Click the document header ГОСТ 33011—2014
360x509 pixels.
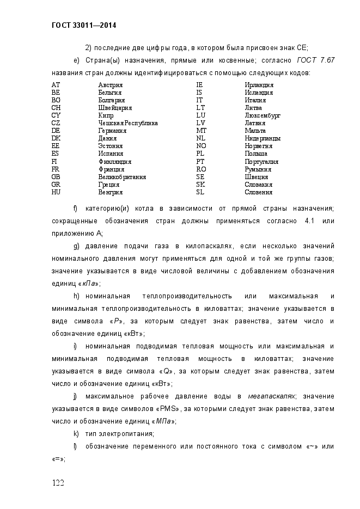pyautogui.click(x=84, y=25)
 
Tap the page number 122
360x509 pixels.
pyautogui.click(x=59, y=483)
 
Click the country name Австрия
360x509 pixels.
pyautogui.click(x=110, y=85)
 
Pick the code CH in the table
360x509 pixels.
pyautogui.click(x=56, y=108)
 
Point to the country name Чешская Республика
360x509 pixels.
pyautogui.click(x=128, y=123)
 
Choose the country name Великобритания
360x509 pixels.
pyautogui.click(x=122, y=177)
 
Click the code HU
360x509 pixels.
pyautogui.click(x=56, y=192)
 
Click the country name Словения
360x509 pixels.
pyautogui.click(x=259, y=192)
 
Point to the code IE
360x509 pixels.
pyautogui.click(x=199, y=85)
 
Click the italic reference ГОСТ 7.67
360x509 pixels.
pyautogui.click(x=315, y=60)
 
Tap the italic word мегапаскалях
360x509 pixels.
pyautogui.click(x=271, y=396)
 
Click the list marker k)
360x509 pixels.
pyautogui.click(x=76, y=434)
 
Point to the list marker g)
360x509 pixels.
pyautogui.click(x=76, y=246)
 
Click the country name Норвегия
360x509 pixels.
pyautogui.click(x=259, y=146)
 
